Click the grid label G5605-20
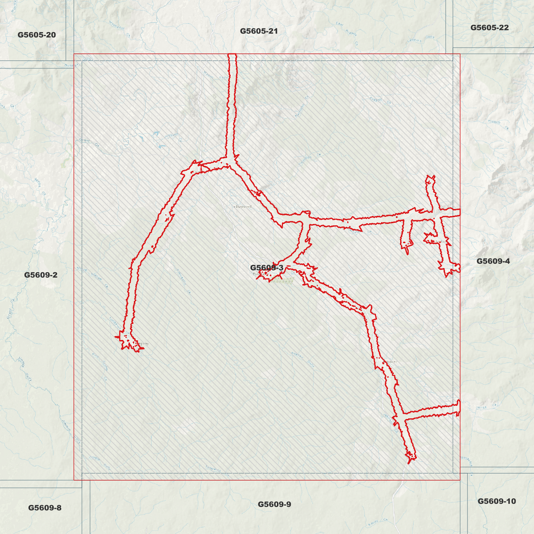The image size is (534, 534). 37,35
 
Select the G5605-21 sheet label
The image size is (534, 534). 259,31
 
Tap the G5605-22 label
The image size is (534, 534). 489,28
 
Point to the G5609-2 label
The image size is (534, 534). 41,275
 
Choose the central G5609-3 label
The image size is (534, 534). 266,268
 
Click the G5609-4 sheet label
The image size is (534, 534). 493,261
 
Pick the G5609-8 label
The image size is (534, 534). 45,508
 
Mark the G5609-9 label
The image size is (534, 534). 274,504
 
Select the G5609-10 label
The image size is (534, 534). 497,501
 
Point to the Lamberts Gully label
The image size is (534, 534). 421,39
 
